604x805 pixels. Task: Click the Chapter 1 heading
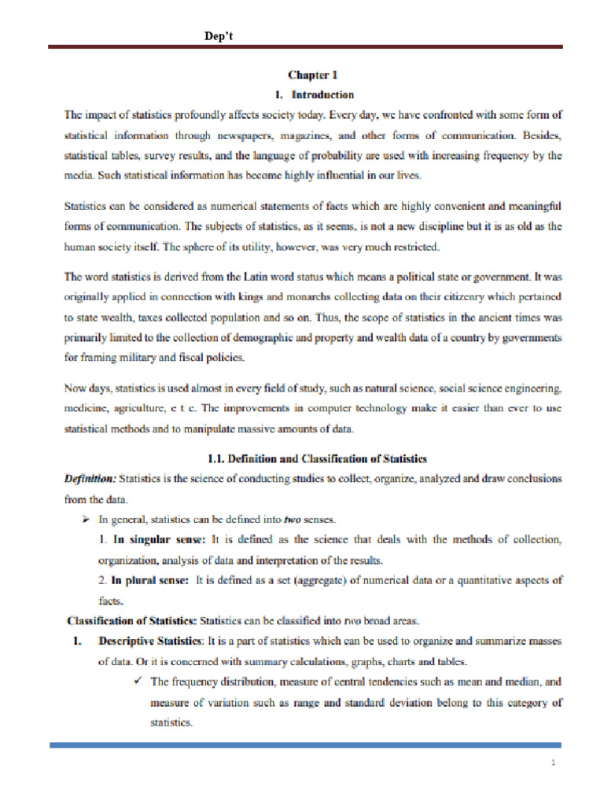coord(313,76)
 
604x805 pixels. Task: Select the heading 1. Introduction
coord(312,95)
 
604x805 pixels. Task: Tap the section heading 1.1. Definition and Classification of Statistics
coord(317,458)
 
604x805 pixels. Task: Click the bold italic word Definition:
coord(90,478)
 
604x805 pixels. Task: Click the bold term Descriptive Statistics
coord(149,641)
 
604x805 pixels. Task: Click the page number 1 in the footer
coord(554,763)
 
